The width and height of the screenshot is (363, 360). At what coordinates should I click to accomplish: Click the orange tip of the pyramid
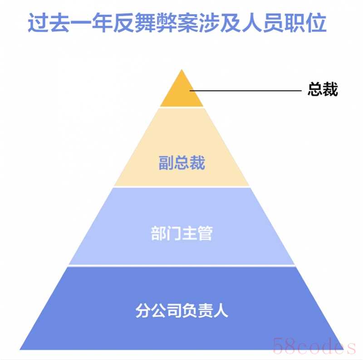[x=182, y=92]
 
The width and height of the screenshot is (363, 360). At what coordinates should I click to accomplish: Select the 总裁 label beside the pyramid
[x=323, y=89]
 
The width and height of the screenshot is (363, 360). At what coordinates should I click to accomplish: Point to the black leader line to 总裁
[x=245, y=91]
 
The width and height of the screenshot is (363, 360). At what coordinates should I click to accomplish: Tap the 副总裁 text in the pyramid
[x=182, y=163]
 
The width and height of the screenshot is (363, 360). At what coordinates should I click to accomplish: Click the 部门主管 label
[x=182, y=233]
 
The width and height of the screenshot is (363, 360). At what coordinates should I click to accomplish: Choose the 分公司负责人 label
[x=182, y=310]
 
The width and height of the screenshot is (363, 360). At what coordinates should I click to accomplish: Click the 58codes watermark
[x=314, y=346]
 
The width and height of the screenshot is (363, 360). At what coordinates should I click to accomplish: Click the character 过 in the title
[x=38, y=22]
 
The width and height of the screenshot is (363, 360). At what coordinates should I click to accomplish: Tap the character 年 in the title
[x=102, y=22]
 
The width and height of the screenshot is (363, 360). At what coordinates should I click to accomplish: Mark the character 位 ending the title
[x=316, y=22]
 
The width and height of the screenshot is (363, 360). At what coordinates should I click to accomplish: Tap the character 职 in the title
[x=294, y=22]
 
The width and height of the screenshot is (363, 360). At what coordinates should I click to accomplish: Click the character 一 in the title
[x=81, y=23]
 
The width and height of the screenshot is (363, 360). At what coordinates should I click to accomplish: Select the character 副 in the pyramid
[x=166, y=163]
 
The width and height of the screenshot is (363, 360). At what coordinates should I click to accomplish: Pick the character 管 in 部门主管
[x=205, y=233]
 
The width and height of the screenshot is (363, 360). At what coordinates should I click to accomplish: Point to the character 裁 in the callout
[x=330, y=89]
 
